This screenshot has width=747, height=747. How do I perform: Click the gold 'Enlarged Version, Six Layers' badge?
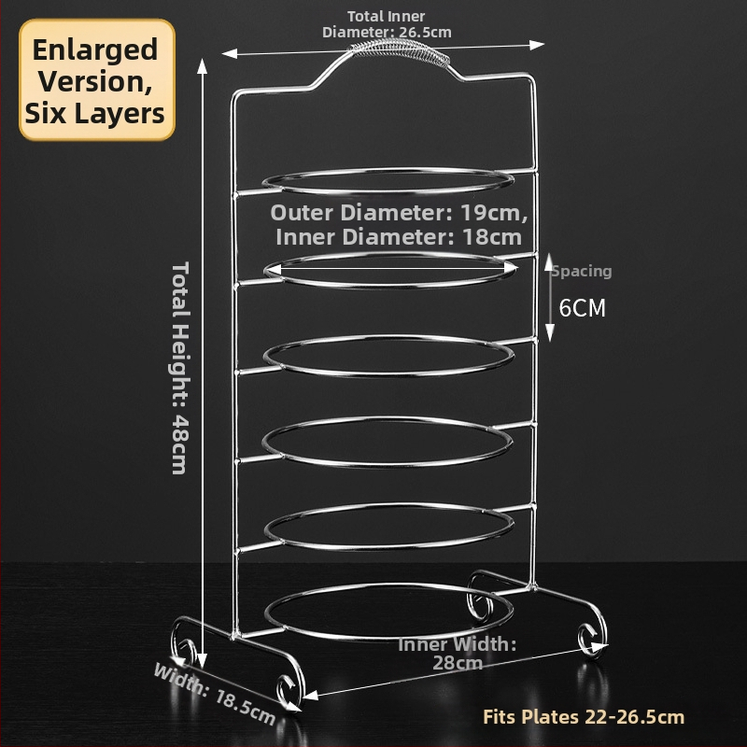pos(97,80)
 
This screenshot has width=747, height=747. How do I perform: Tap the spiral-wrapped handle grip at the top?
pos(400,51)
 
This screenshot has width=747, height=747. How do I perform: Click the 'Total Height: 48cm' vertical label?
pos(180,367)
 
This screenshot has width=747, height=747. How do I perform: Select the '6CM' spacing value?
pos(582,308)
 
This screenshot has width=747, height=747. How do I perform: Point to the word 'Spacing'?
pos(581,271)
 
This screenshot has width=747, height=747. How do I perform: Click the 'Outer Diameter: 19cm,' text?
pos(400,213)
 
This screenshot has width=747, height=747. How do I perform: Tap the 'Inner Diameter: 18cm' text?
pos(399,237)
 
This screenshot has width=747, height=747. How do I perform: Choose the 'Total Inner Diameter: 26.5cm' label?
pos(387,24)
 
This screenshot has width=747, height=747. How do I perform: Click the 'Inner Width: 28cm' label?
pos(458,653)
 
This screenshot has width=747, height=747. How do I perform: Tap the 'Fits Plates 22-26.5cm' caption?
pos(584,717)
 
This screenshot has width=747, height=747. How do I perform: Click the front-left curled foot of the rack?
pos(289,688)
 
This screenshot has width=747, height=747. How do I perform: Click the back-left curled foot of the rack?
pos(182,643)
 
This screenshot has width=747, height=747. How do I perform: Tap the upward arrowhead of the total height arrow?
pos(203,65)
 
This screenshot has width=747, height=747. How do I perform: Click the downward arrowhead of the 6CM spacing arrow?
pos(550,332)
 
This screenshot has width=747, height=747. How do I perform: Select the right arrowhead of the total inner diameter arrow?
pos(537,45)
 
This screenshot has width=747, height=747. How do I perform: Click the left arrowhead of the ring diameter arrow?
pos(272,270)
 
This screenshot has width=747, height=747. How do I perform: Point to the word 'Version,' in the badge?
pos(95,81)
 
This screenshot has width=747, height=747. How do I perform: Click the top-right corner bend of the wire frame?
pos(530,78)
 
